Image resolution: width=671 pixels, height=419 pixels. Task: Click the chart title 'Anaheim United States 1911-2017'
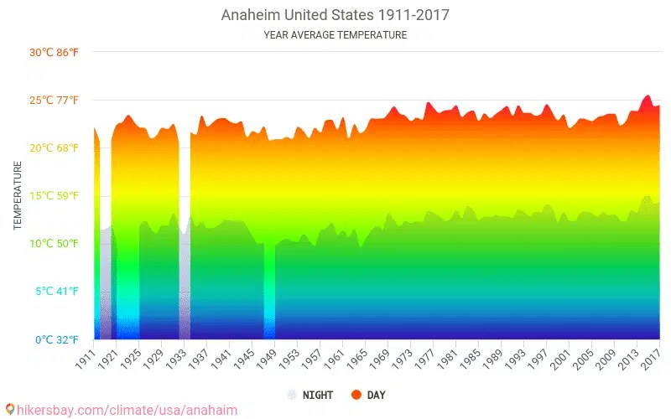pos(335,15)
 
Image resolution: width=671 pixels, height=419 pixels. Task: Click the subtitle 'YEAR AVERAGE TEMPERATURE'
pos(335,35)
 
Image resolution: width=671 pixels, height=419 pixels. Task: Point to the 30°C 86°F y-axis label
pos(54,53)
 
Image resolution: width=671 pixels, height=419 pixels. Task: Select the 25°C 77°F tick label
pos(54,101)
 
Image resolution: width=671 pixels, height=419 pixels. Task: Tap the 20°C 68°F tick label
pos(54,148)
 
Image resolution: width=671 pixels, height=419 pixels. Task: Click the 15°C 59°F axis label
pos(54,196)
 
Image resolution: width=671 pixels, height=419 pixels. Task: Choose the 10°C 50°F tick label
pos(54,244)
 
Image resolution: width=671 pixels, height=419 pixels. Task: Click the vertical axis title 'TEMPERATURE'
pos(18,195)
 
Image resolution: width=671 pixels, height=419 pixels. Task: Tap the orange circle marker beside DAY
pos(356,395)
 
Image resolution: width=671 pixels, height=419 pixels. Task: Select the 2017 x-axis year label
pos(651,358)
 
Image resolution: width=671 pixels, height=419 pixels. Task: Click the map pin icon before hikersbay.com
pos(9,410)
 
